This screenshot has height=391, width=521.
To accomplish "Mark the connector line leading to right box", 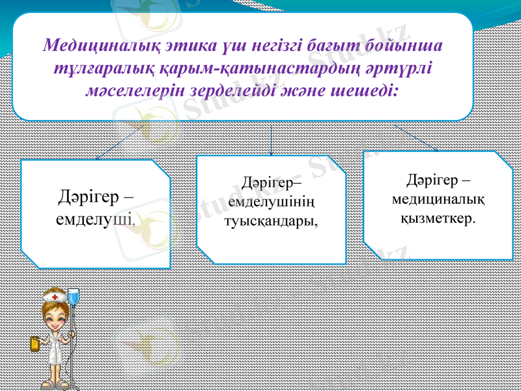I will click(x=417, y=138).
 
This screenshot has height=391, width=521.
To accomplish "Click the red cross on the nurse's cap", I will click(x=55, y=297).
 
